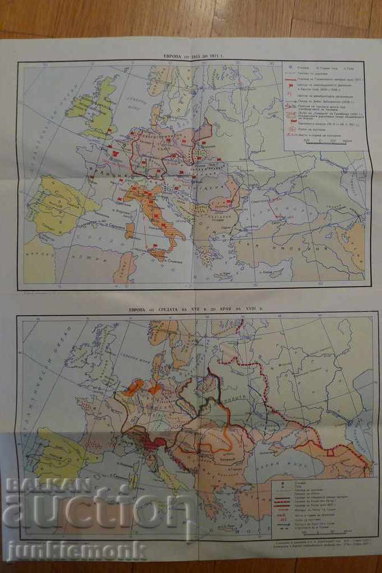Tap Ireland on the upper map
pos(80,106)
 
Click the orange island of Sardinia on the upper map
pos(130,229)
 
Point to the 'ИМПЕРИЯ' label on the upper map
pos(310,249)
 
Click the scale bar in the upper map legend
pos(323,142)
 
